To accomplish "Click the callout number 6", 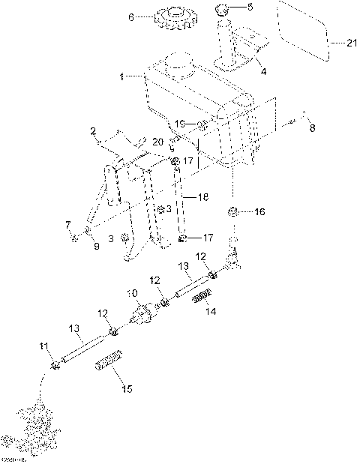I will pos(133,17).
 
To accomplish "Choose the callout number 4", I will pos(263,72).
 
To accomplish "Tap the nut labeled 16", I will pos(234,212).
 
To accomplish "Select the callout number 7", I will pos(67,224).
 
